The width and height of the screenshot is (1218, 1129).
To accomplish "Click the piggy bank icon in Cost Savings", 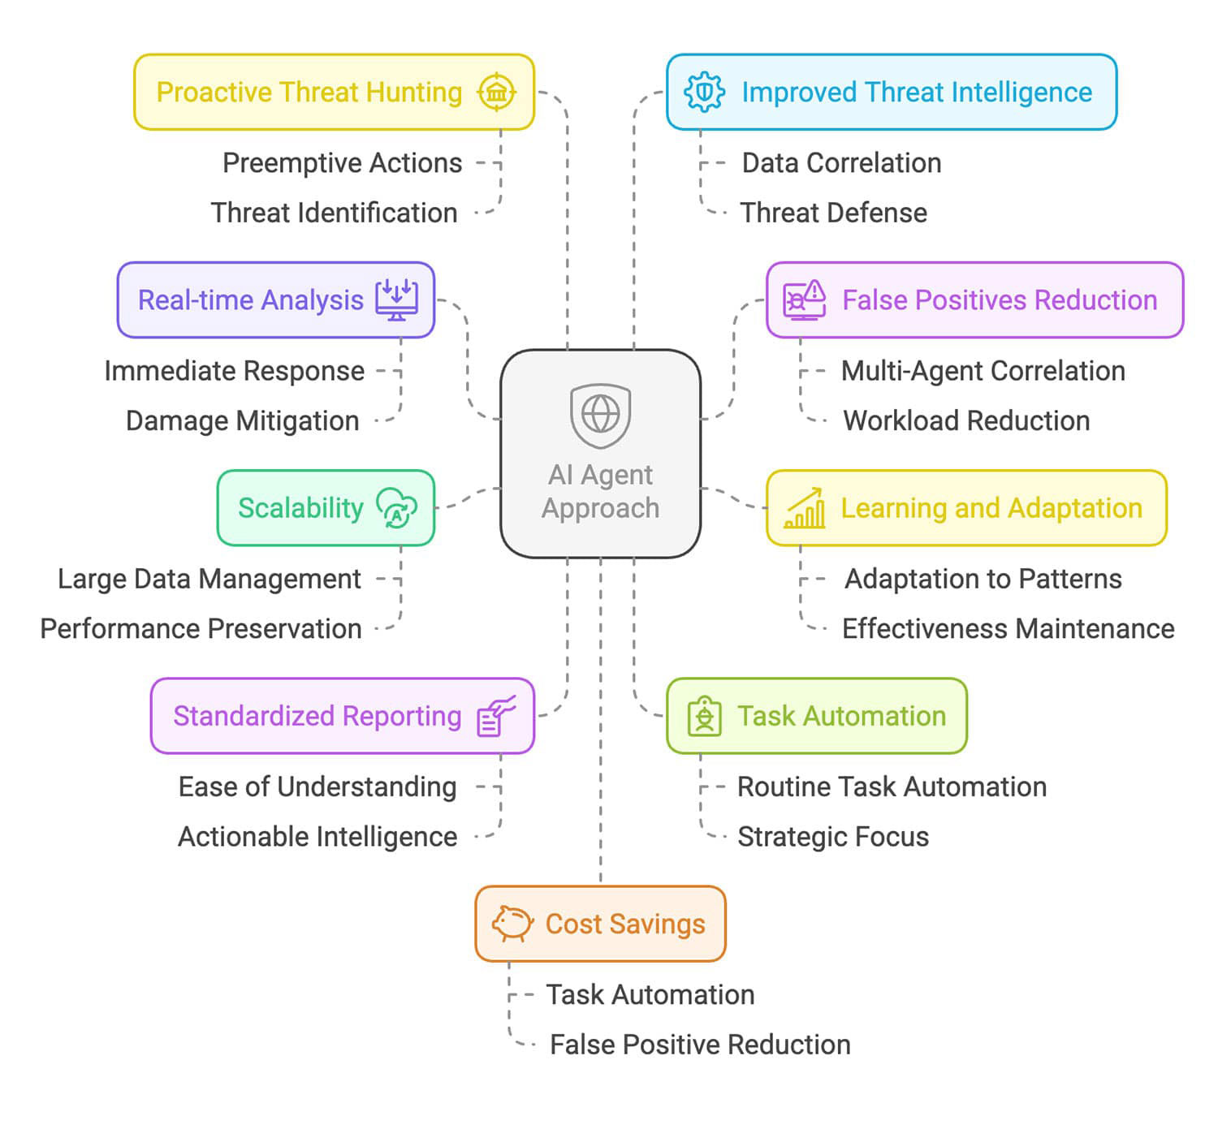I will pyautogui.click(x=512, y=924).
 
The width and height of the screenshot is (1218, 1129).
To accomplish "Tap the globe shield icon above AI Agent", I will pyautogui.click(x=600, y=416).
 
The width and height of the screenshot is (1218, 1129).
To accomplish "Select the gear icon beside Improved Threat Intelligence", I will pyautogui.click(x=704, y=92).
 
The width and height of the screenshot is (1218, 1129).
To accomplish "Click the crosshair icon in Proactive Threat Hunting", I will pyautogui.click(x=496, y=92).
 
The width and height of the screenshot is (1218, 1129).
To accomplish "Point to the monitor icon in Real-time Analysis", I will pyautogui.click(x=396, y=299).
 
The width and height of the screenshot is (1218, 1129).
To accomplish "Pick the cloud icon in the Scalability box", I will pyautogui.click(x=396, y=508).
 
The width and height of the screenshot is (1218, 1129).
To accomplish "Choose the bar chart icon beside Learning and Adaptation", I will pyautogui.click(x=805, y=509).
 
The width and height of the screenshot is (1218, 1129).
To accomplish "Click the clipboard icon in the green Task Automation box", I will pyautogui.click(x=704, y=716).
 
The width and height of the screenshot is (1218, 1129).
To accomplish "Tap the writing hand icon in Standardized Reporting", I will pyautogui.click(x=496, y=716).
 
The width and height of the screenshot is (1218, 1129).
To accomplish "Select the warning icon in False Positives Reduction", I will pyautogui.click(x=804, y=299).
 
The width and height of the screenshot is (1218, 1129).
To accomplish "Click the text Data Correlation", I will pyautogui.click(x=841, y=163).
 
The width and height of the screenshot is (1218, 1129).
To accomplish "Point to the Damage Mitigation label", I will pyautogui.click(x=242, y=421).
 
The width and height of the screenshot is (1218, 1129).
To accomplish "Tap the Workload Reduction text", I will pyautogui.click(x=966, y=421).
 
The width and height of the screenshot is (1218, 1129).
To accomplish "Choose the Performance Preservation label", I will pyautogui.click(x=201, y=629).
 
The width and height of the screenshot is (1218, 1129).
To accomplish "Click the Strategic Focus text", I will pyautogui.click(x=832, y=837).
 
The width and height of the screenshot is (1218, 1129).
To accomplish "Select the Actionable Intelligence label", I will pyautogui.click(x=317, y=837).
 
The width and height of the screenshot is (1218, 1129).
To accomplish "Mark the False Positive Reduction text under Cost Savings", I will pyautogui.click(x=700, y=1045).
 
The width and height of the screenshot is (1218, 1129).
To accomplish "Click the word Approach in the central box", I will pyautogui.click(x=600, y=509).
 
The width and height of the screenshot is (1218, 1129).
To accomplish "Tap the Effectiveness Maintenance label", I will pyautogui.click(x=1008, y=629).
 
